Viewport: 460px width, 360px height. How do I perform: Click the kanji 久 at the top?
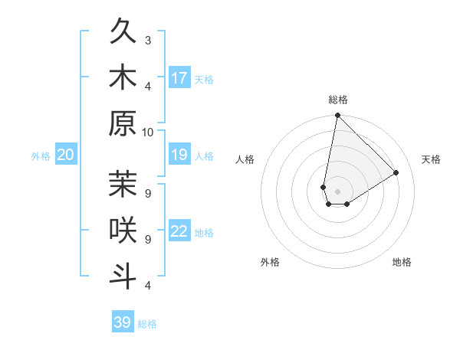pyautogui.click(x=123, y=33)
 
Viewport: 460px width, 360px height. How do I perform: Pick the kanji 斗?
pyautogui.click(x=123, y=276)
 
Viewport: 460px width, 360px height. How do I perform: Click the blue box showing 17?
pyautogui.click(x=179, y=78)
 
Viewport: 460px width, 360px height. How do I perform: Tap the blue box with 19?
pyautogui.click(x=179, y=155)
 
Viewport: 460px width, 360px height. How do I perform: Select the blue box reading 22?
pyautogui.click(x=179, y=232)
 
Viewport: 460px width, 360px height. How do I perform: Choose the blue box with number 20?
pyautogui.click(x=66, y=155)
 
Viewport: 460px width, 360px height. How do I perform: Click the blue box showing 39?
pyautogui.click(x=123, y=322)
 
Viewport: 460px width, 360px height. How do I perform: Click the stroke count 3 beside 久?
pyautogui.click(x=148, y=40)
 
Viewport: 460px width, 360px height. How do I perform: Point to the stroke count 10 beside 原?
pyautogui.click(x=148, y=132)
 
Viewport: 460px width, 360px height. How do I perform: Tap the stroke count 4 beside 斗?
pyautogui.click(x=148, y=286)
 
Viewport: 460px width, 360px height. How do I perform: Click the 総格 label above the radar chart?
pyautogui.click(x=337, y=100)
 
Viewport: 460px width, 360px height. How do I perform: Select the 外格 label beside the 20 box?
pyautogui.click(x=41, y=156)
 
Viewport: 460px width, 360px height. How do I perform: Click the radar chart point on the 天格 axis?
pyautogui.click(x=396, y=172)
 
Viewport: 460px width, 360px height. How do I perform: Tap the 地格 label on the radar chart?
pyautogui.click(x=402, y=263)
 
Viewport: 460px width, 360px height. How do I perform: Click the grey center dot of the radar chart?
pyautogui.click(x=337, y=191)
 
